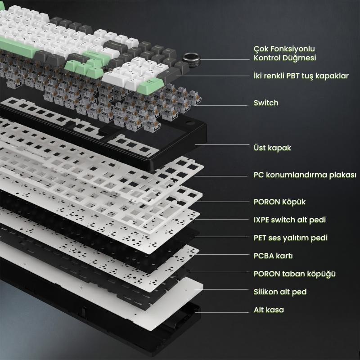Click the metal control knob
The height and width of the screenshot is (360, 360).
click(x=191, y=60)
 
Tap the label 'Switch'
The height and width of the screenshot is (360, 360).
click(x=266, y=103)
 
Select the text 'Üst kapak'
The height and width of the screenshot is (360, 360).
click(x=272, y=148)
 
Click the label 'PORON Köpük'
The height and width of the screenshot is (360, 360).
click(x=279, y=202)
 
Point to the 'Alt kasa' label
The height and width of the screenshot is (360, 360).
click(x=269, y=310)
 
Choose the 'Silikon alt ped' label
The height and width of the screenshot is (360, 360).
click(x=280, y=292)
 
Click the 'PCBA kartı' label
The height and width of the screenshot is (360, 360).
click(x=273, y=256)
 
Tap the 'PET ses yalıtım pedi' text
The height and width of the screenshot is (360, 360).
click(x=290, y=238)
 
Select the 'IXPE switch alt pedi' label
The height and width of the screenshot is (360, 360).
click(x=290, y=220)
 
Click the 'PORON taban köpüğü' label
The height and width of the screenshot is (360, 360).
click(x=295, y=274)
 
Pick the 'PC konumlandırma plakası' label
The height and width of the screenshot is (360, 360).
click(x=305, y=175)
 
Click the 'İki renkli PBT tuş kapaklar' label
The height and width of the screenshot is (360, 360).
click(x=301, y=76)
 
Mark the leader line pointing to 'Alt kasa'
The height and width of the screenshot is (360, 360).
click(x=221, y=312)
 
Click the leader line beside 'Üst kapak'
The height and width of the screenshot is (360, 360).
click(x=222, y=144)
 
